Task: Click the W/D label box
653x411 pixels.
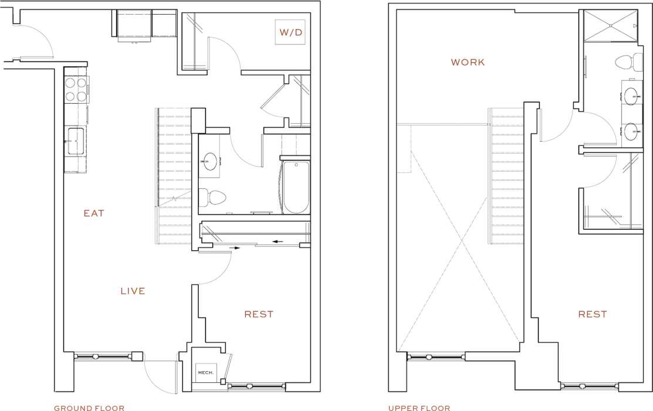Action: (x=290, y=32)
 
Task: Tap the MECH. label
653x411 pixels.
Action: (x=205, y=372)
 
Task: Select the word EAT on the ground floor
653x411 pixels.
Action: (x=94, y=213)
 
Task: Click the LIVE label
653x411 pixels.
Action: (x=133, y=291)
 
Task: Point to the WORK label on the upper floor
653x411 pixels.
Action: (x=468, y=62)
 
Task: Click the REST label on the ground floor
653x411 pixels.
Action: (x=259, y=314)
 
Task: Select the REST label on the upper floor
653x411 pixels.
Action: (x=592, y=314)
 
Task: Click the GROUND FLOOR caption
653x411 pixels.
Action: (x=89, y=408)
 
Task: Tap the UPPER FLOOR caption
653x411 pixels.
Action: (x=419, y=408)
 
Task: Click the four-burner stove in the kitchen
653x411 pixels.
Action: (x=75, y=90)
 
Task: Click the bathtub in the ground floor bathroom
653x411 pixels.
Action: (x=296, y=188)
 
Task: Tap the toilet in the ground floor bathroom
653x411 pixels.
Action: (x=212, y=197)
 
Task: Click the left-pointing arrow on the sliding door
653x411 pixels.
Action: (x=277, y=240)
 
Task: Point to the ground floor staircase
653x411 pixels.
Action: (x=174, y=176)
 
